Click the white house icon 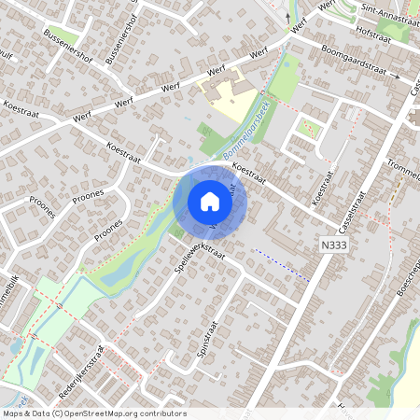[x=209, y=202]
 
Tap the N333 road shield [x=332, y=243]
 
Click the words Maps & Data [x=24, y=413]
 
